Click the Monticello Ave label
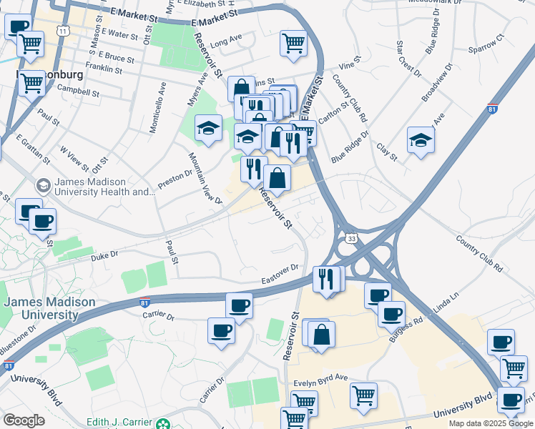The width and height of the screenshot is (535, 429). (x=157, y=108)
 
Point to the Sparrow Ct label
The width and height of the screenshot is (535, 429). (x=486, y=44)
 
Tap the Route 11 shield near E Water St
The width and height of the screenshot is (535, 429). (x=64, y=31)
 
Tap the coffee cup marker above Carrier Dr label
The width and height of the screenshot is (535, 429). (x=239, y=306)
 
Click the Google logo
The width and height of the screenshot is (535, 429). (x=24, y=420)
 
